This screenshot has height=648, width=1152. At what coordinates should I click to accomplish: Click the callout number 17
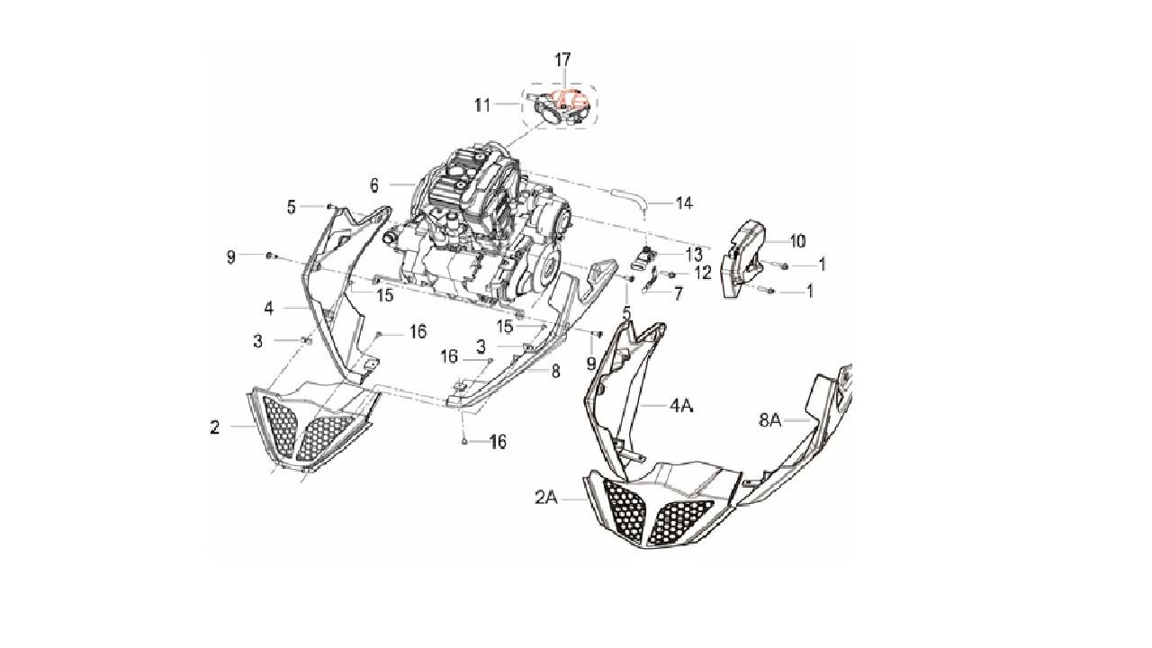click(x=562, y=59)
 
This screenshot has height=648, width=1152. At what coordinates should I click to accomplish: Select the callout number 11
click(x=481, y=106)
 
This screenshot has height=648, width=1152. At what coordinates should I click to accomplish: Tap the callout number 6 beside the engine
click(x=373, y=185)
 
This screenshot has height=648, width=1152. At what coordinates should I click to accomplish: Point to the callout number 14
click(x=684, y=203)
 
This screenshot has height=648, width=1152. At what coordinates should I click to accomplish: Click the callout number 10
click(x=797, y=240)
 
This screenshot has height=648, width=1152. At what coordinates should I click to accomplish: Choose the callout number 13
click(x=694, y=254)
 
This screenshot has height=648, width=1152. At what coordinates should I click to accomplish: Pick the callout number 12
click(x=703, y=273)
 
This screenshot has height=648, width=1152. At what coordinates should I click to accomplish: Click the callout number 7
click(x=679, y=294)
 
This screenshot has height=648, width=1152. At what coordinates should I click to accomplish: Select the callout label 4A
click(x=681, y=406)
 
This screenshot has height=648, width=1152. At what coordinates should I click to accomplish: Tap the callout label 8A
click(x=769, y=420)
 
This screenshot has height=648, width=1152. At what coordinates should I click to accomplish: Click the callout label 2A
click(x=546, y=498)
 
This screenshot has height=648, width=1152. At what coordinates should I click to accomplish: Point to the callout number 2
click(x=214, y=427)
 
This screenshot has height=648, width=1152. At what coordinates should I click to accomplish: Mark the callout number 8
click(x=555, y=372)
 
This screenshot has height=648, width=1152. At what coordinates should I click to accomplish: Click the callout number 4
click(x=269, y=308)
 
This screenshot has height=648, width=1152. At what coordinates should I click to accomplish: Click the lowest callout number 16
click(x=498, y=442)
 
